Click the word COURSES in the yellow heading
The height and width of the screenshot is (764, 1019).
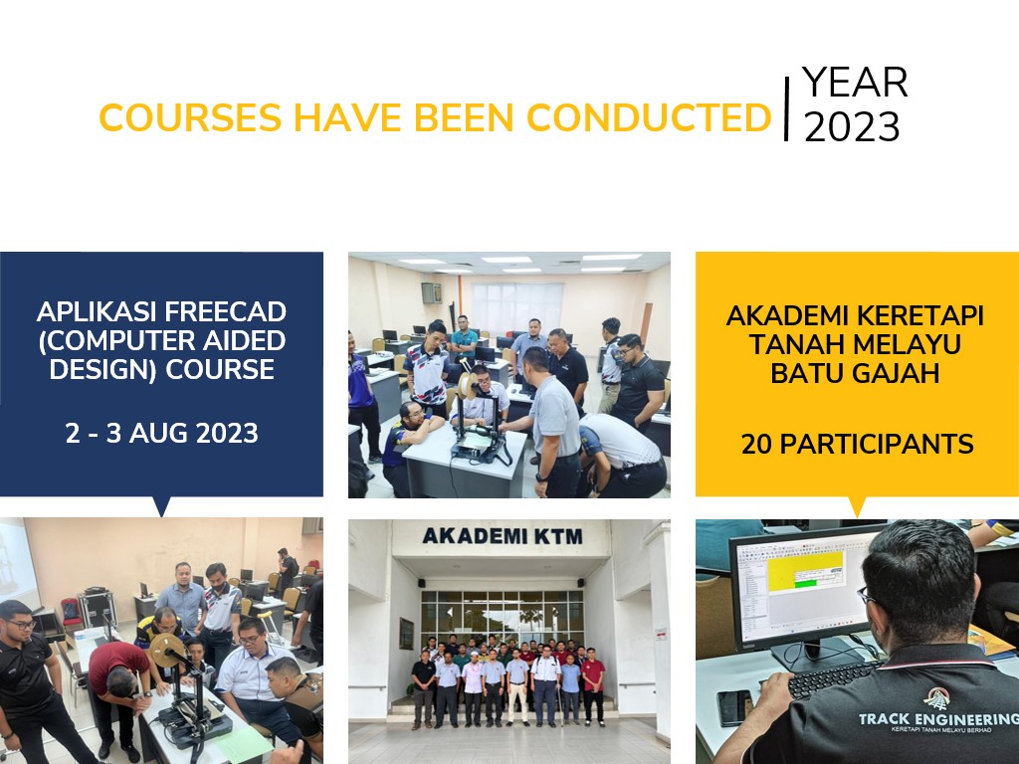coord(190,117)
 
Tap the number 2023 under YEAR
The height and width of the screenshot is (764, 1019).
coord(852,126)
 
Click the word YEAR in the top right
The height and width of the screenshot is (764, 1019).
coord(855,83)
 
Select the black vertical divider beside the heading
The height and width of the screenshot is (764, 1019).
coord(786,108)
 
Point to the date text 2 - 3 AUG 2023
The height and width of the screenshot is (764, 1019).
coord(162,434)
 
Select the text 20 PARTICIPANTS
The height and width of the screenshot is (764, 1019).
coord(857,445)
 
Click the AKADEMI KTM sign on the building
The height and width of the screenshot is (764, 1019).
coord(503,536)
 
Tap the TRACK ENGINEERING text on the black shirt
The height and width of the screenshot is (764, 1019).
coord(938,718)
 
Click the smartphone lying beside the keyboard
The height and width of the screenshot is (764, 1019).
coord(735,707)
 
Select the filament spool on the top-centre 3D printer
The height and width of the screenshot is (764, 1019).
coord(468,386)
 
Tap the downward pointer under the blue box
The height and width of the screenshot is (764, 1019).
coord(162,506)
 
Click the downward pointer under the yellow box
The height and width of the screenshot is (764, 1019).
coord(857,506)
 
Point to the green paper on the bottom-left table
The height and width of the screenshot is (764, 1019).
coord(245,745)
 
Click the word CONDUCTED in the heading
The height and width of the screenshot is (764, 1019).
coord(649,117)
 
